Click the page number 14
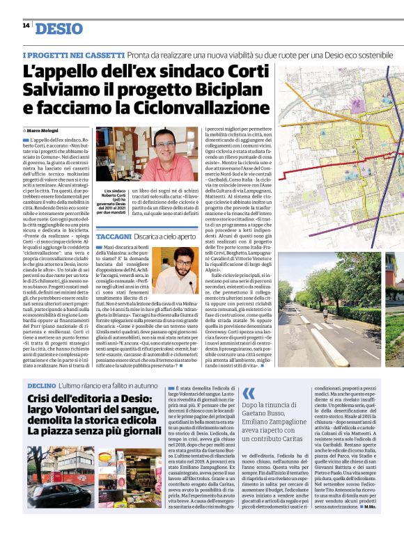[26, 26]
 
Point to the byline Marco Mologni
[45, 130]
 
